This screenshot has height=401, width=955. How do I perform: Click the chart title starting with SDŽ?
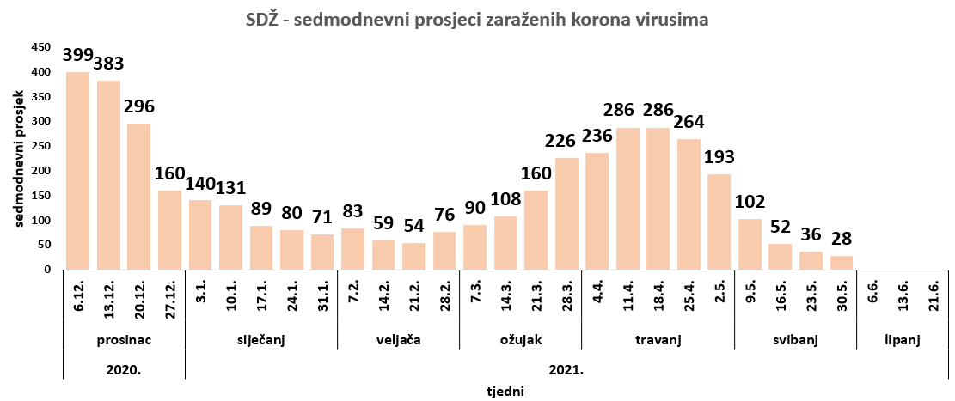click(477, 19)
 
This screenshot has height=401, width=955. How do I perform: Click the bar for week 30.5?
click(841, 262)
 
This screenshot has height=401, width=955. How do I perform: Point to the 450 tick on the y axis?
click(41, 47)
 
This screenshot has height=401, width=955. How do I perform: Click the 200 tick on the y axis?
click(41, 171)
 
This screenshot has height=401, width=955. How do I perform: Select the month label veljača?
click(398, 340)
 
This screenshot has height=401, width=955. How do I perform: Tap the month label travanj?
click(658, 340)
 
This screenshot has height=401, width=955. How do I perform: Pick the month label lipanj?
click(903, 340)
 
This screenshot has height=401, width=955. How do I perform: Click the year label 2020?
click(124, 370)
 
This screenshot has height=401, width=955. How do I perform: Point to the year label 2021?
click(566, 370)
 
